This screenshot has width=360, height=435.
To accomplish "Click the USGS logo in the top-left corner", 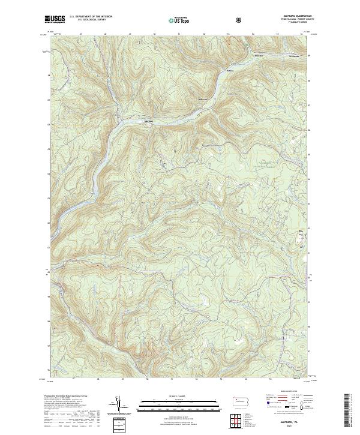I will pyautogui.click(x=55, y=19).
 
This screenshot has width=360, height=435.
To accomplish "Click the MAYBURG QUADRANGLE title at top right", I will pyautogui.click(x=292, y=16).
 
